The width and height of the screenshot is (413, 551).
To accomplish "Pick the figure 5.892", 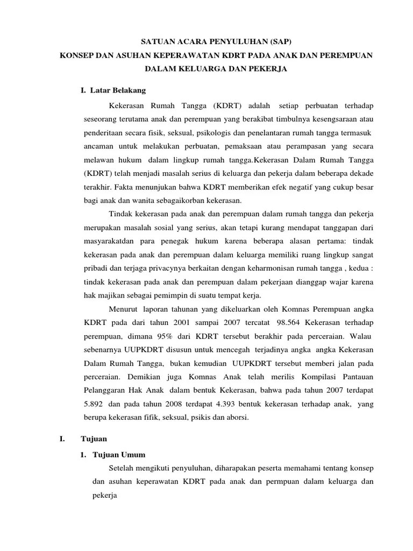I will point(96,404).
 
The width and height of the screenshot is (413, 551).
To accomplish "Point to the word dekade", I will point(361,173).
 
